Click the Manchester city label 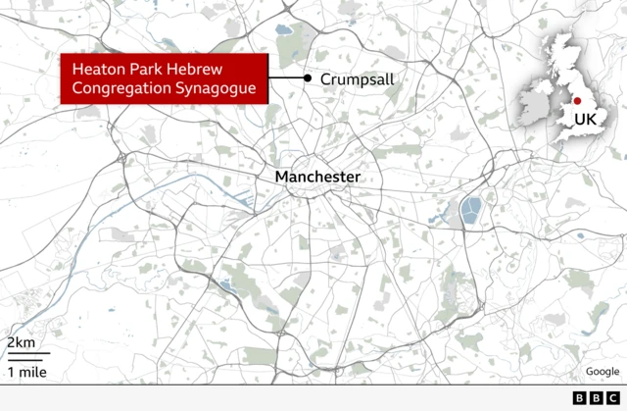pyautogui.click(x=317, y=177)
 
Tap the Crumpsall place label pyautogui.click(x=358, y=77)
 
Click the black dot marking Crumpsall pyautogui.click(x=308, y=77)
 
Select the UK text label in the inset pyautogui.click(x=585, y=120)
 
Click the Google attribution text pyautogui.click(x=603, y=371)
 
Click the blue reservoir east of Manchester pyautogui.click(x=472, y=209)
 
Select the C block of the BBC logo pyautogui.click(x=606, y=397)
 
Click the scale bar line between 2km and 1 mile pyautogui.click(x=27, y=356)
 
